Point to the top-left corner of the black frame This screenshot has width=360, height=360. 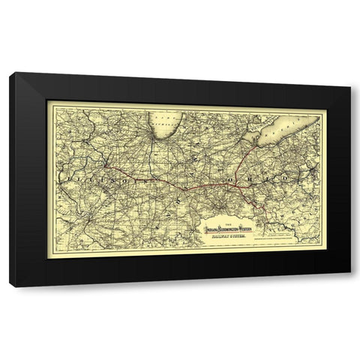[10, 73]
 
